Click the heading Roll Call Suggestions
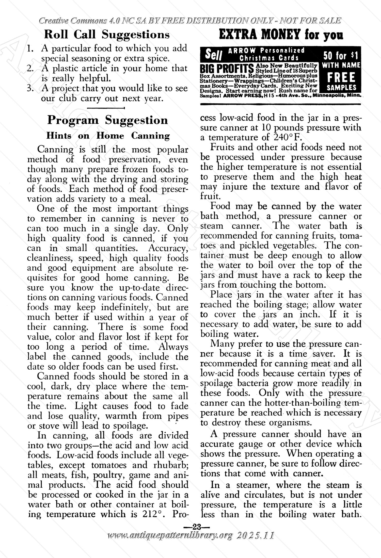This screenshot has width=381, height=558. (107, 35)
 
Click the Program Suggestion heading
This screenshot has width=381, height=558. (107, 120)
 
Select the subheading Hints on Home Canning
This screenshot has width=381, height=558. (108, 136)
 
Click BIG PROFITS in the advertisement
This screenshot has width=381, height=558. (227, 69)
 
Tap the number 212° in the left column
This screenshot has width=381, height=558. (154, 514)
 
